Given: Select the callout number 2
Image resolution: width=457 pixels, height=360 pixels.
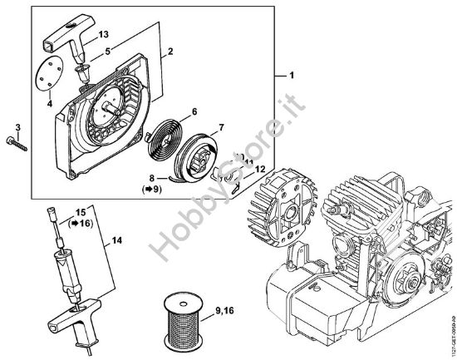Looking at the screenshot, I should click(x=170, y=52).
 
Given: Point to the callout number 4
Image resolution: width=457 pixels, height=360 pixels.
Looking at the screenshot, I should click(x=50, y=105).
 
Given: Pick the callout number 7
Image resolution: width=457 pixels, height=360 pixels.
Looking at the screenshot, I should click(x=222, y=126).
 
